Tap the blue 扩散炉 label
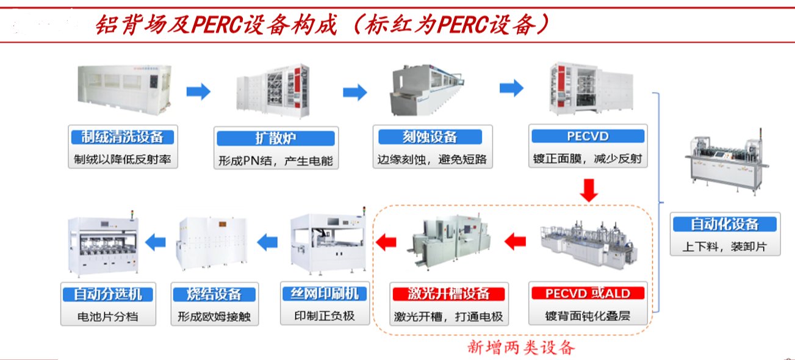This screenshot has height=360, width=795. click(x=276, y=137)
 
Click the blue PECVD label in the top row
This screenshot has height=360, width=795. click(x=588, y=135)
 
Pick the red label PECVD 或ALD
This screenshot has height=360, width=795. click(x=588, y=293)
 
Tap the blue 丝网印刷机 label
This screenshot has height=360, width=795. click(x=325, y=293)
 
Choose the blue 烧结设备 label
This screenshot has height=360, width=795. click(x=215, y=294)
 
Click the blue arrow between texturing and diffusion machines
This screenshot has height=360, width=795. click(x=198, y=92)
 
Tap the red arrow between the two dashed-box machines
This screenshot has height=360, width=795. click(x=515, y=242)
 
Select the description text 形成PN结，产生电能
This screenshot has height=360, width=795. click(x=276, y=161)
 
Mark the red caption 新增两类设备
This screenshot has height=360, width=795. click(x=522, y=348)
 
